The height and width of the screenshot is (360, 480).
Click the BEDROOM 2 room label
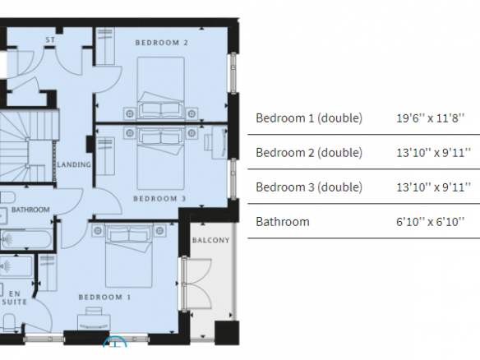pos(162,43)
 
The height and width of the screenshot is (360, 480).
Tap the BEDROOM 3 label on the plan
pos(159,199)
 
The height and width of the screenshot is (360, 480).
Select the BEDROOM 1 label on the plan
pos(104,297)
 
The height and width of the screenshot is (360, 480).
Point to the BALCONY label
pos(211,240)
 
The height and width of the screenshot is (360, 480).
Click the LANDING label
pos(74,164)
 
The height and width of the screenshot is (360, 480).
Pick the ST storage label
pos(50,39)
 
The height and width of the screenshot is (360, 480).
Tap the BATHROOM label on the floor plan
pos(30,210)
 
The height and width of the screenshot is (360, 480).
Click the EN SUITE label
pos(15,298)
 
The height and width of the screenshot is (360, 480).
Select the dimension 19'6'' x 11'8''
pos(431,118)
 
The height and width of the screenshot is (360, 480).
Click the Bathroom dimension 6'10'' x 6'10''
pos(431,221)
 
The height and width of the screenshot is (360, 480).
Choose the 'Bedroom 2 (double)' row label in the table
pos(309,152)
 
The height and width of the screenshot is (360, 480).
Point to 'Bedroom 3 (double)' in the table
pos(309,187)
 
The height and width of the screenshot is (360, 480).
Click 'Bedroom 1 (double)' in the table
pos(309,118)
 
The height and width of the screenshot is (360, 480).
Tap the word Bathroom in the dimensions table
pos(283,222)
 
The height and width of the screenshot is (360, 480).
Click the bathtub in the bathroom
pos(26,240)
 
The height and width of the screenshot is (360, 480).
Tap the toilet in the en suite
pos(9,322)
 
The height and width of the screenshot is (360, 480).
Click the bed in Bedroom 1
pos(128,256)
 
